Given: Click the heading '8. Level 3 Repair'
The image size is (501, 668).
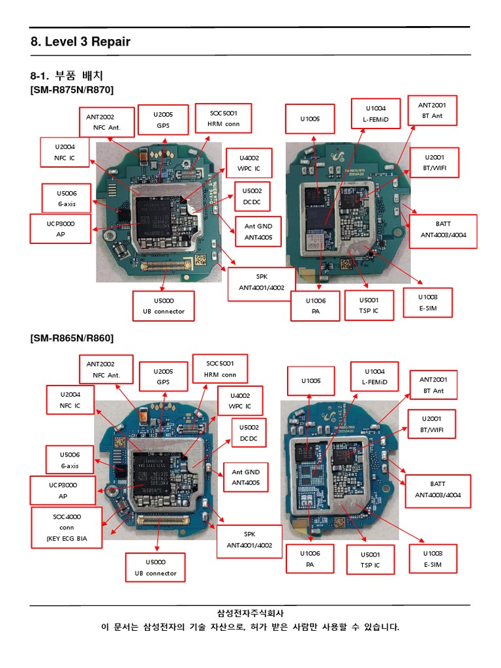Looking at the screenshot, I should click(x=80, y=42).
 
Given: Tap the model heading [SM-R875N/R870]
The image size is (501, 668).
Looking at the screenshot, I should click(x=72, y=89).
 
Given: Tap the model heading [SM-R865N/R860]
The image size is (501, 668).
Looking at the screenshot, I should click(x=72, y=338).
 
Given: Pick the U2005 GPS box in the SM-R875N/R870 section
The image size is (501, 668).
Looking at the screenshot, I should click(x=163, y=119).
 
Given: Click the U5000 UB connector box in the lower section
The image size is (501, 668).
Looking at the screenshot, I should click(x=155, y=568).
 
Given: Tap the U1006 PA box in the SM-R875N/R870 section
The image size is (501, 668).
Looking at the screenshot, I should click(x=315, y=306).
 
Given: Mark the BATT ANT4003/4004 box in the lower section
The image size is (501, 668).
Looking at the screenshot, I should click(x=438, y=489).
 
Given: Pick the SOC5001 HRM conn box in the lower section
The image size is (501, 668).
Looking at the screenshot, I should click(x=221, y=369).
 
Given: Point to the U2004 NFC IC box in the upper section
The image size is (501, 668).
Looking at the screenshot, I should click(x=65, y=153).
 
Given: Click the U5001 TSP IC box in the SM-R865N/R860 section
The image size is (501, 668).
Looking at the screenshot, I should click(x=370, y=560).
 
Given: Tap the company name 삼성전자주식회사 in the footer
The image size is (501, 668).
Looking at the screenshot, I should click(x=250, y=613).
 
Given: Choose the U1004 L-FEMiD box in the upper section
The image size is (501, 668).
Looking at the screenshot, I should click(x=375, y=115).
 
